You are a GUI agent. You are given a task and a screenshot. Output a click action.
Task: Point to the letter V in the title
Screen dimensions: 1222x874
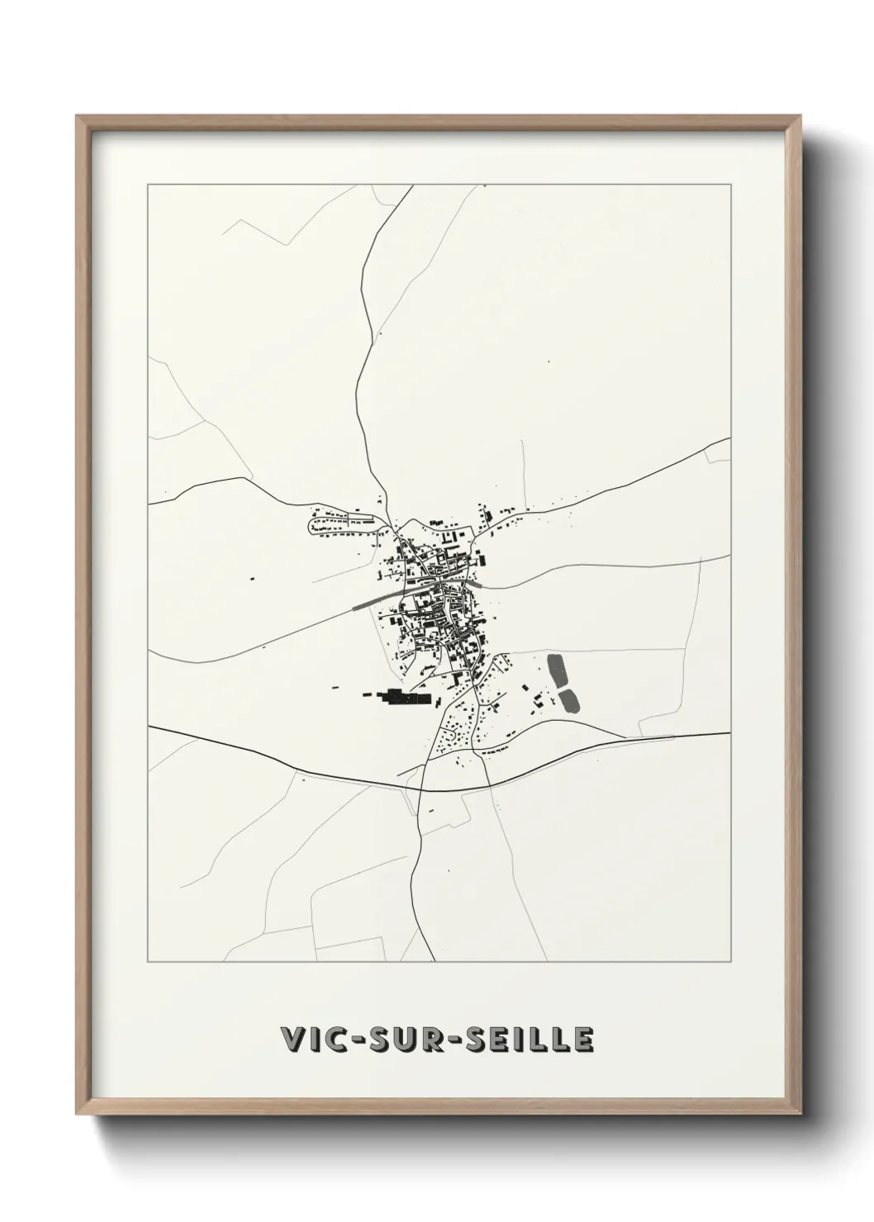(293, 1041)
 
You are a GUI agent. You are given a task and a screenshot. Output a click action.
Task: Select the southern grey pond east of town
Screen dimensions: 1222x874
(569, 701)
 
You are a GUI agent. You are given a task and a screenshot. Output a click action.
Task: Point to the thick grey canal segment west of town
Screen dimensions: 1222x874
(377, 597)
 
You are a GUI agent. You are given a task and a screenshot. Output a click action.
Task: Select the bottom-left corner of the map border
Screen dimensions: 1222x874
(148, 962)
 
